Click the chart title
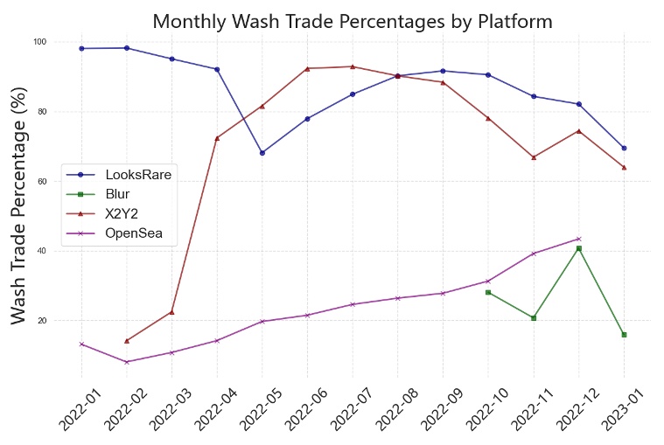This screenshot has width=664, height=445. (353, 20)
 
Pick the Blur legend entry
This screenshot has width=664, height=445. (117, 194)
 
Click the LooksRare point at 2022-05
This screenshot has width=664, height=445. (262, 153)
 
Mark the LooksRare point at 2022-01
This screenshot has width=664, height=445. (81, 48)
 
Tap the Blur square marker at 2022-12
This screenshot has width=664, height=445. (578, 248)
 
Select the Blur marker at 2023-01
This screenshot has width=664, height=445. (624, 335)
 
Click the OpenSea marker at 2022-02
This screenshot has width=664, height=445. (127, 362)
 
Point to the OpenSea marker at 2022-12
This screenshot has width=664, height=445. (578, 239)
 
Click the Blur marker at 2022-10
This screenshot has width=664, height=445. (488, 292)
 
